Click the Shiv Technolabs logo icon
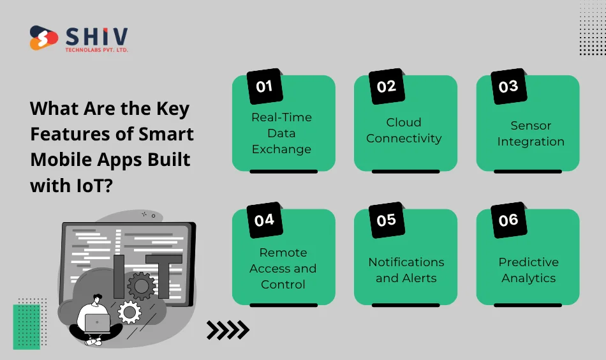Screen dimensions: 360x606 tap(43, 38)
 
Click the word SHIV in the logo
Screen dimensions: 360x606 tap(96, 36)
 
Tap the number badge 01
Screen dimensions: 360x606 tap(265, 87)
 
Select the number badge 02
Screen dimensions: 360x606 tap(387, 87)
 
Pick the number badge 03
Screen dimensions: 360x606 tap(508, 87)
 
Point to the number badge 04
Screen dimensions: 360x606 tap(264, 220)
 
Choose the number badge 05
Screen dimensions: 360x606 tap(387, 220)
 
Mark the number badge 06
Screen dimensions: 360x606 tap(508, 220)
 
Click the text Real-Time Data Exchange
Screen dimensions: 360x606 tap(281, 133)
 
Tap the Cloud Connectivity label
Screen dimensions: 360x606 tap(404, 130)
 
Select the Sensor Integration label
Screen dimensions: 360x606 tap(531, 133)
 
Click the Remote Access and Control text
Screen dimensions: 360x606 tap(283, 268)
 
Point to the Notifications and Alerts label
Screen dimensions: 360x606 tap(406, 270)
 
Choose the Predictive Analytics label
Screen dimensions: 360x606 tap(528, 270)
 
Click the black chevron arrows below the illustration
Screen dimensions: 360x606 tap(228, 330)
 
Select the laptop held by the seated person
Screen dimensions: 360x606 tap(97, 322)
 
